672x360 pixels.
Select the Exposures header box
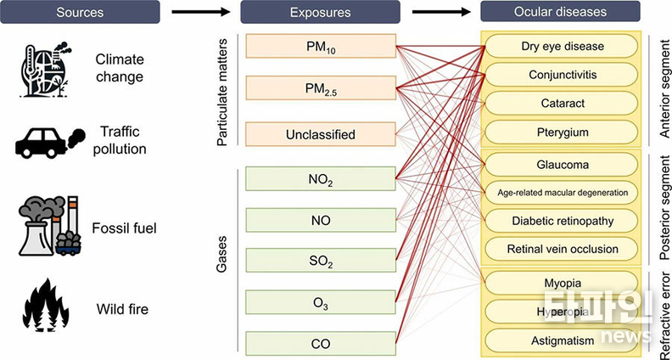coord(320,12)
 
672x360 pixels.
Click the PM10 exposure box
coord(320,46)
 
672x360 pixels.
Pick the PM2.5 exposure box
coord(320,89)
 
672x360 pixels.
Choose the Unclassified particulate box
coord(320,134)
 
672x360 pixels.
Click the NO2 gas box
coord(320,178)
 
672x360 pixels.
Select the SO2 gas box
coord(320,262)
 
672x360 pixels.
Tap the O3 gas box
coord(320,302)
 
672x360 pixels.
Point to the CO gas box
coord(320,343)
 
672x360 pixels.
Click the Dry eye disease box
coord(561,45)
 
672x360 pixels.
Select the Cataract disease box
coord(561,104)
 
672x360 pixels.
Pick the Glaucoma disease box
coord(561,163)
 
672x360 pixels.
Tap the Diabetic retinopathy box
coord(561,220)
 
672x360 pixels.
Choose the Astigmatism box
coord(561,340)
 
